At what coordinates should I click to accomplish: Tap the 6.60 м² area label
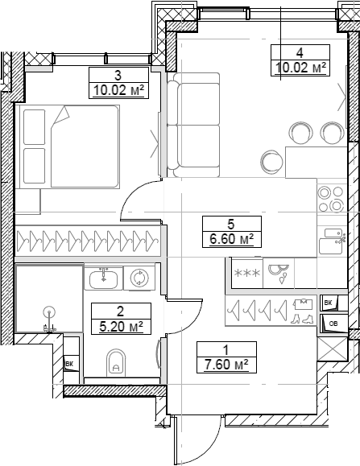pyautogui.click(x=230, y=238)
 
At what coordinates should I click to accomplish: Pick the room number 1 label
pyautogui.click(x=226, y=349)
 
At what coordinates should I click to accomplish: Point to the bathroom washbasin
pyautogui.click(x=102, y=278)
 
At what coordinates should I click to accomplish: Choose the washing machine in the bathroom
pyautogui.click(x=139, y=278)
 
